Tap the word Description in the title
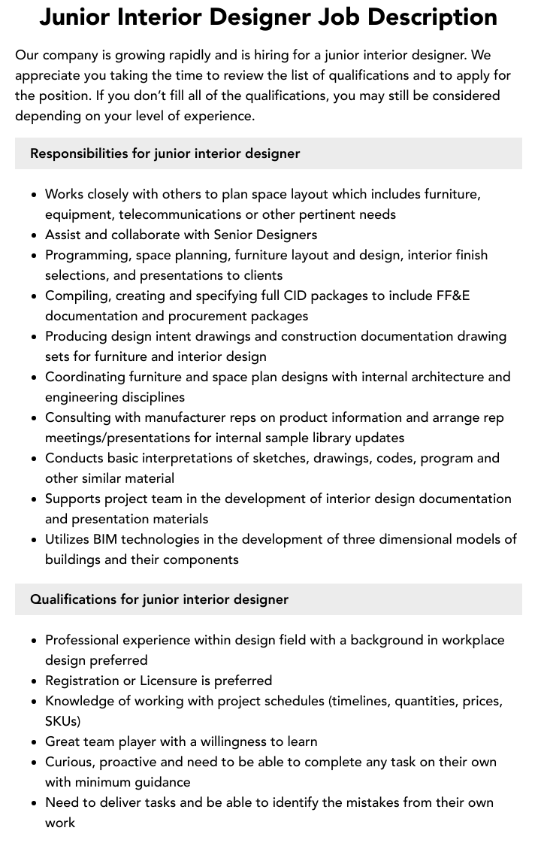[438, 17]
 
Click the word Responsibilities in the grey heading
[79, 153]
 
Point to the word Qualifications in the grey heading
[74, 599]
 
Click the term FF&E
[453, 296]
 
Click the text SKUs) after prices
[62, 721]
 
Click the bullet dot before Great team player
[35, 742]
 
